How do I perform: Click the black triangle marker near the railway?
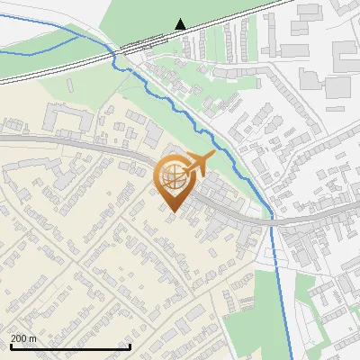181,24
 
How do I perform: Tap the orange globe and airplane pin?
175,180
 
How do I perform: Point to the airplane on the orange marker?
197,163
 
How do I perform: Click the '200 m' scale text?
23,338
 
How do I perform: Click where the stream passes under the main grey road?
271,217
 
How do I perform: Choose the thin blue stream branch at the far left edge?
18,53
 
